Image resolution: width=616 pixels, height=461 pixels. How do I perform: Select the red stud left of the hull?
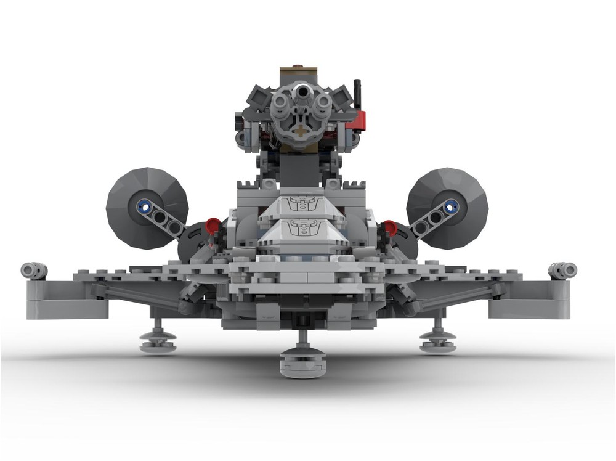click(213, 226)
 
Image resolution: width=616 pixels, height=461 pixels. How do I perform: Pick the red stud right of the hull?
click(390, 227)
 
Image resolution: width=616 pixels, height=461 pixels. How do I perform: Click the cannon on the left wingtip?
click(34, 270)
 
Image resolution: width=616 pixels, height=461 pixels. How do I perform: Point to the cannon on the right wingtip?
click(563, 270)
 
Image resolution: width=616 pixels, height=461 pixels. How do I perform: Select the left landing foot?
click(158, 341)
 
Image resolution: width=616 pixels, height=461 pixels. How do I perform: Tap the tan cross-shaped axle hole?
click(301, 131)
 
